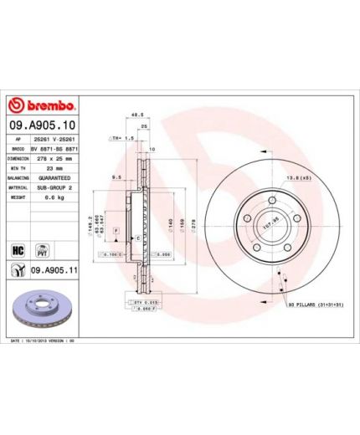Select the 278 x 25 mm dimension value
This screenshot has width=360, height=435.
56,156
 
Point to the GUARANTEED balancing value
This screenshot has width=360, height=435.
55,178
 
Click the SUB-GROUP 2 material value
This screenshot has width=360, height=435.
56,189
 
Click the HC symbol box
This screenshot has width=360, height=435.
17,248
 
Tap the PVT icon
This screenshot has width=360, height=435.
37,248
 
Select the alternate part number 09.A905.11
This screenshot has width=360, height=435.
54,271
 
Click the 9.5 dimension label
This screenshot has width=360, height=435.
117,177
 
